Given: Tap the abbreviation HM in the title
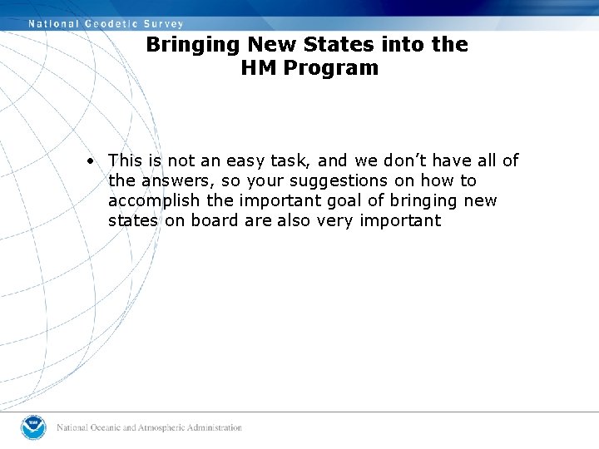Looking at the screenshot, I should tap(259, 68).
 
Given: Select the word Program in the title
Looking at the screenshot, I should tap(331, 68).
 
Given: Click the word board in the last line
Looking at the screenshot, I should tap(216, 220).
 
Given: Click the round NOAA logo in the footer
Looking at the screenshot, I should tap(35, 427).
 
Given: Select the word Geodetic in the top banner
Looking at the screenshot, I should tap(110, 24).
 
